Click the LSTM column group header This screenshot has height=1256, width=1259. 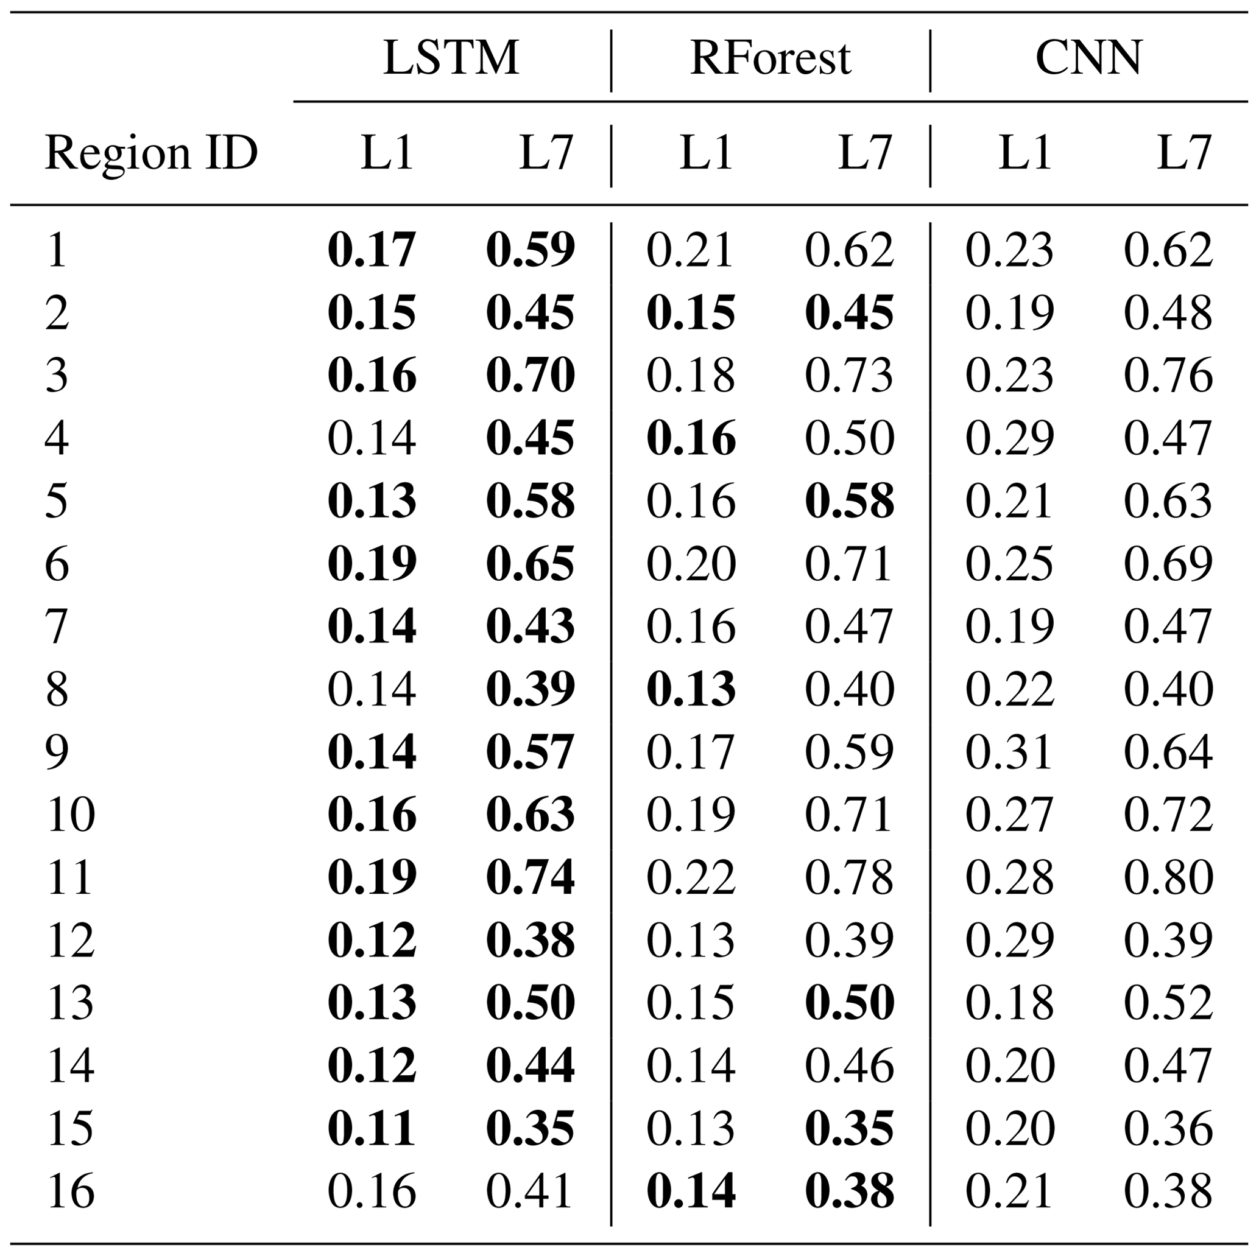point(451,58)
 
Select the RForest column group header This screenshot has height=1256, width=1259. point(771,58)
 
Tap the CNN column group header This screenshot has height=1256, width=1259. point(1088,58)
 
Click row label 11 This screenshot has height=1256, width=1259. point(69,877)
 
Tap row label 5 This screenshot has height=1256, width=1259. point(57,501)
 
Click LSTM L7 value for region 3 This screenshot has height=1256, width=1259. point(531,376)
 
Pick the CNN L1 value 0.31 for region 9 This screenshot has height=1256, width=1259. point(1009,753)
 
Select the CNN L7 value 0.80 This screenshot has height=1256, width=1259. point(1168,877)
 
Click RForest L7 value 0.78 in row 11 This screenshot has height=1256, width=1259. point(849,877)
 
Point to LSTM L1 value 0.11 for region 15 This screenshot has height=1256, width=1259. point(372,1129)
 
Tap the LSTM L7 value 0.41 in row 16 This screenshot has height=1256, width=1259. point(529,1191)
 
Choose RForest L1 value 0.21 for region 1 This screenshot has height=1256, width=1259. point(690,250)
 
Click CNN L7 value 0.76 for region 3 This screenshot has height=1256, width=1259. point(1168,376)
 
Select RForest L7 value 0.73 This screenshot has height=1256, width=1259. point(849,376)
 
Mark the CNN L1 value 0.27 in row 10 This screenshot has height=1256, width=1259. point(1009,815)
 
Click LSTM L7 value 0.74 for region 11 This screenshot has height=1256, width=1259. point(531,877)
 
